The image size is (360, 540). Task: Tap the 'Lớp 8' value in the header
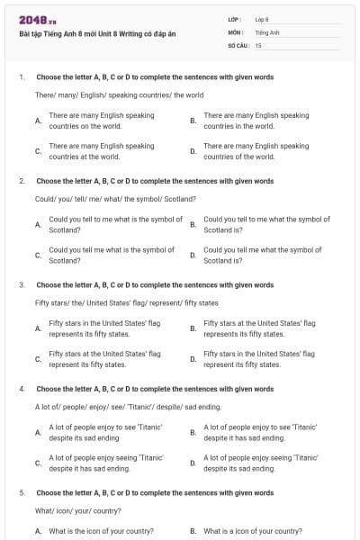coord(261,19)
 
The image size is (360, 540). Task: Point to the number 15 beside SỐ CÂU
coord(258,45)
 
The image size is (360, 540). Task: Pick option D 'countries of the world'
coord(256,150)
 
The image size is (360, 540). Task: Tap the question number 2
coord(21,181)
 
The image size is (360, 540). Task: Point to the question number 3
coord(21,284)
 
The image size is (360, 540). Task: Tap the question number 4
coord(21,389)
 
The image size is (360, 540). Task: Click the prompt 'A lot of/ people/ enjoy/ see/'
coord(115,407)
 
